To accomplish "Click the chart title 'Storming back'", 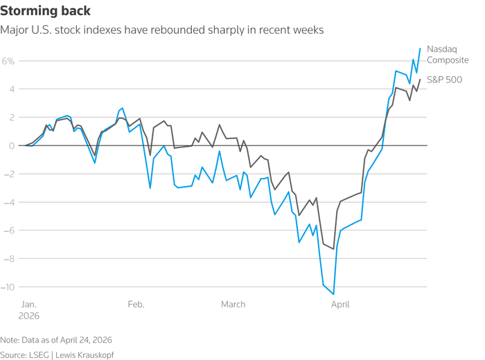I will (45, 12).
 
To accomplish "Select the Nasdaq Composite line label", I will (448, 55).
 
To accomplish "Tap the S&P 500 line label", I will (444, 80).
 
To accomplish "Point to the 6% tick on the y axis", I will (8, 61).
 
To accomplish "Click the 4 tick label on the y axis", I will (12, 89).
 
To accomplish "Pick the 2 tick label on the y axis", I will (12, 118).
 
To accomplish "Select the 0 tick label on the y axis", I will (12, 145).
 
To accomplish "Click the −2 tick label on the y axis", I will (10, 174).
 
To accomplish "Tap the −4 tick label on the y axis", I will (10, 202).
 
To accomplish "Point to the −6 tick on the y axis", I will (10, 231).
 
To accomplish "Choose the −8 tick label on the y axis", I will (10, 259).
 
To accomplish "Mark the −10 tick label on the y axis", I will (8, 287).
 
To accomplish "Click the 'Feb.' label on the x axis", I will (136, 304).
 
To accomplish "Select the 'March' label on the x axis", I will (233, 304).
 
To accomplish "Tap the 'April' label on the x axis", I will (340, 304).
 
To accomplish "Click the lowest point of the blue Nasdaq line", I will (334, 294).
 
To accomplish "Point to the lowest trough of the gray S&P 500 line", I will (333, 249).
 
